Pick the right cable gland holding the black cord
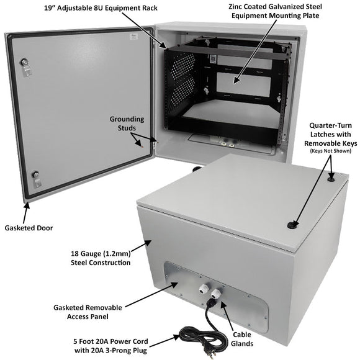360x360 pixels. point(218,291)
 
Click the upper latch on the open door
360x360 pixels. point(25,65)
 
